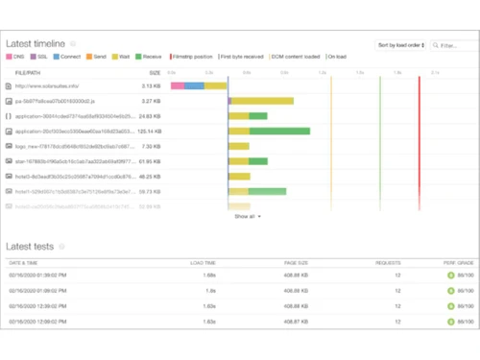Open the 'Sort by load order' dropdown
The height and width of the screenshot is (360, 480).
(398, 44)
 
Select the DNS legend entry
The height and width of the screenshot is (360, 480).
(21, 58)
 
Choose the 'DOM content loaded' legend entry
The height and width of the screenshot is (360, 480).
(293, 58)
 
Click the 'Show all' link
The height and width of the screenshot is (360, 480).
(247, 216)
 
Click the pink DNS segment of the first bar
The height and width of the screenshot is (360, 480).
(178, 85)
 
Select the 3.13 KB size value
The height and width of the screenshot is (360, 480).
(152, 85)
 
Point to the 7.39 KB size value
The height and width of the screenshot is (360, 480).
(152, 146)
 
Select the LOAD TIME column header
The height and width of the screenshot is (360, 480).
(203, 262)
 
